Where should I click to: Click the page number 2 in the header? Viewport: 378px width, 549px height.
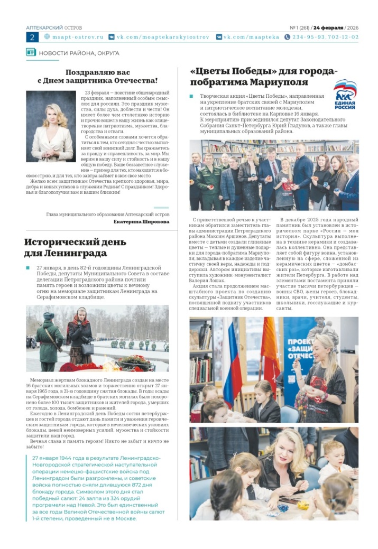[x=32, y=37]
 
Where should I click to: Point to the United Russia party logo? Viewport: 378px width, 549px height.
[x=345, y=94]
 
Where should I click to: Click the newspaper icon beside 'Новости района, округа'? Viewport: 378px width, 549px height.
[x=31, y=53]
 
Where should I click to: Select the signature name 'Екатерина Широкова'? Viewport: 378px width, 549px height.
[x=141, y=222]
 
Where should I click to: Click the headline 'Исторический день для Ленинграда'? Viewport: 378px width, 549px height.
[x=75, y=248]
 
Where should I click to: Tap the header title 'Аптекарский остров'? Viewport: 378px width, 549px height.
[x=54, y=27]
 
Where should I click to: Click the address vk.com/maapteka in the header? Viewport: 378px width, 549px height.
[x=246, y=37]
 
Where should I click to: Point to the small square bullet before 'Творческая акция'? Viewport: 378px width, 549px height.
[x=191, y=97]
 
